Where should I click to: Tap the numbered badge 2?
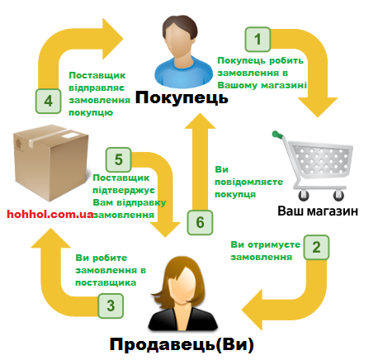tap(316, 248)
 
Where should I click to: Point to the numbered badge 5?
tap(120, 159)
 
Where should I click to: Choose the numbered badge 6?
tap(199, 222)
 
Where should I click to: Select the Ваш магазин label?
tap(317, 211)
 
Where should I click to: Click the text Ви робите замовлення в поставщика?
tap(110, 270)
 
